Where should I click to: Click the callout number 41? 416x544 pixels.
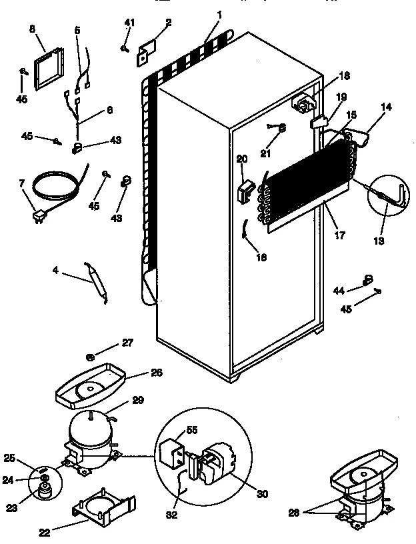(129, 23)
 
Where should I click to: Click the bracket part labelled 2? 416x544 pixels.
(145, 53)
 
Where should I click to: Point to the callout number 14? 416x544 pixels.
(387, 106)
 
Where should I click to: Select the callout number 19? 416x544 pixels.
(341, 97)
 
